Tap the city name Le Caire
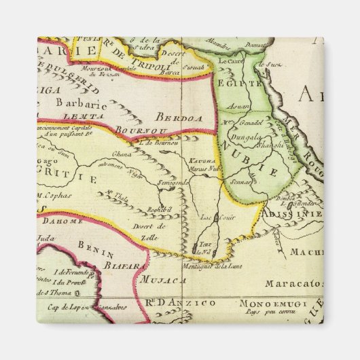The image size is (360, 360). pyautogui.click(x=230, y=62)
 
